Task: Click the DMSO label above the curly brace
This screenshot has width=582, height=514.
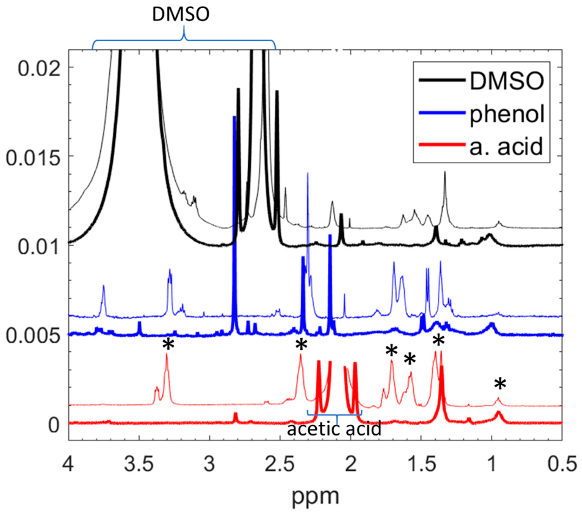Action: [x=181, y=14]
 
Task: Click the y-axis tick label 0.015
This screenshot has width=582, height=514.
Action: [x=33, y=156]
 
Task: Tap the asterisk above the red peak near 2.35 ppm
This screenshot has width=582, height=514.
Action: [x=301, y=345]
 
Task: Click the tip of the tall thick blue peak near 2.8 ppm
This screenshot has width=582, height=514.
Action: [x=234, y=117]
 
